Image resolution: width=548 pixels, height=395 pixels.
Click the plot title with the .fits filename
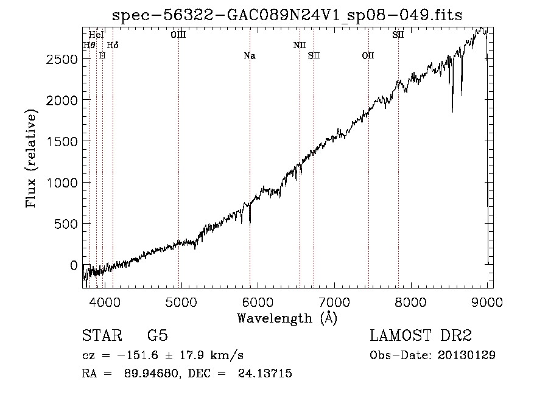click(287, 15)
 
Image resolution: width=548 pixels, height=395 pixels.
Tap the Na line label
click(250, 56)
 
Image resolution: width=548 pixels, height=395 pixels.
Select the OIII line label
click(178, 35)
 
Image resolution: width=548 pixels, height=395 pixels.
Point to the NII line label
click(300, 46)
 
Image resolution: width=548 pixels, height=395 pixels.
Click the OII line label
click(368, 56)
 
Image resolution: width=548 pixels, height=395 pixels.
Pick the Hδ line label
click(113, 46)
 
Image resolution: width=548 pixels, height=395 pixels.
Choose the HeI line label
click(96, 35)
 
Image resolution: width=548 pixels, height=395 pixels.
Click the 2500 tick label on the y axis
click(61, 60)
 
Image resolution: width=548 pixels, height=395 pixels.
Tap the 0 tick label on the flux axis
click(74, 265)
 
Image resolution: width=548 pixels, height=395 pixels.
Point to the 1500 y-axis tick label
click(61, 142)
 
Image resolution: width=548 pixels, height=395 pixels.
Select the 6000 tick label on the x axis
click(258, 302)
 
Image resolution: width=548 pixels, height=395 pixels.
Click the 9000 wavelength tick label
click(487, 302)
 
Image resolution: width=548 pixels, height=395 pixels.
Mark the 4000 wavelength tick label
click(105, 302)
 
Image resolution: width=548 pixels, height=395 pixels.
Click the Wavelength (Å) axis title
click(287, 318)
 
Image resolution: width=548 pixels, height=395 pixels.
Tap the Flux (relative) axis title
click(31, 159)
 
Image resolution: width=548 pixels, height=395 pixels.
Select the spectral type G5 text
click(158, 335)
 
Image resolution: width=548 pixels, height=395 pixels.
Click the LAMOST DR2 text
click(421, 335)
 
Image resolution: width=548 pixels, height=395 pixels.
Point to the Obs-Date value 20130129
click(466, 355)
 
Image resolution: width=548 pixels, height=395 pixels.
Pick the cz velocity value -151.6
click(138, 355)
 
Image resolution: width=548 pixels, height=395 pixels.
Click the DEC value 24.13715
click(265, 373)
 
